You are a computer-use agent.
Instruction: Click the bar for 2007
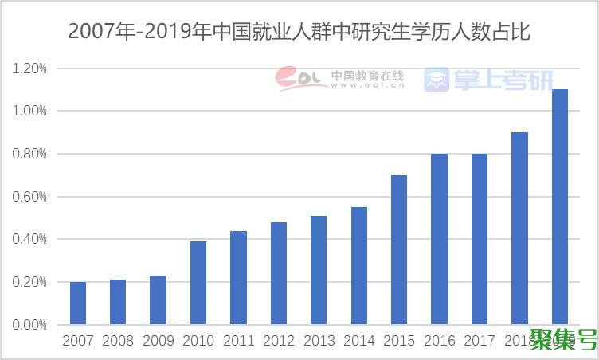click(78, 303)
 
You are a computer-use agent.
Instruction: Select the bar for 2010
click(198, 283)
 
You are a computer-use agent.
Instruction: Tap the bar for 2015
click(399, 250)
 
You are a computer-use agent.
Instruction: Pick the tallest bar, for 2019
click(560, 207)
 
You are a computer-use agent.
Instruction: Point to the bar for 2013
click(319, 270)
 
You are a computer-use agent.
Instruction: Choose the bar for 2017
click(480, 239)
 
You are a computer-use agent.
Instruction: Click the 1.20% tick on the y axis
click(29, 68)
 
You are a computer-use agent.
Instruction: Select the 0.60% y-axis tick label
click(29, 197)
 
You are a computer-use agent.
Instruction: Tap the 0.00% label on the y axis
click(29, 325)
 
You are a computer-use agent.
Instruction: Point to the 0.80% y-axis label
click(29, 154)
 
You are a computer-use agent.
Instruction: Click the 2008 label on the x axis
click(118, 342)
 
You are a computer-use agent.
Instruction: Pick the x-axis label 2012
click(278, 342)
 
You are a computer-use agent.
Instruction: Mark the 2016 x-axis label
click(439, 342)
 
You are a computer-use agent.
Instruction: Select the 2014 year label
click(358, 342)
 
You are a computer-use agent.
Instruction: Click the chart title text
click(299, 32)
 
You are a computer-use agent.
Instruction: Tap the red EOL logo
click(299, 78)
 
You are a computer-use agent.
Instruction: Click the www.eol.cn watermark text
click(367, 85)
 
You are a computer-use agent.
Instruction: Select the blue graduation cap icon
click(436, 79)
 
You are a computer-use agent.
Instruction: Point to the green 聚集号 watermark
click(563, 342)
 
